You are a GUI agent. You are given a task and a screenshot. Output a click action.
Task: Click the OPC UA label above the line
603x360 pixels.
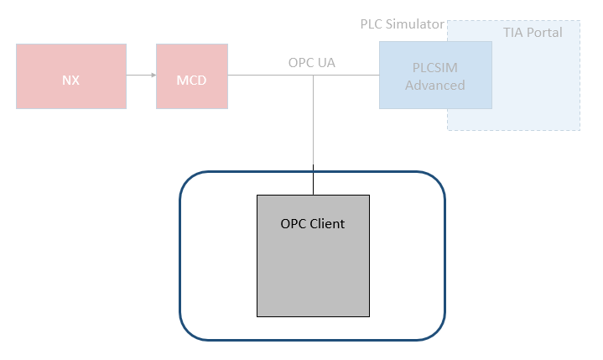point(312,62)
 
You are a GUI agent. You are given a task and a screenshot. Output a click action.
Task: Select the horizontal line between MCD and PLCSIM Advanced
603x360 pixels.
point(268,76)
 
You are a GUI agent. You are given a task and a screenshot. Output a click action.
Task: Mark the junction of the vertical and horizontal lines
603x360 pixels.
point(314,76)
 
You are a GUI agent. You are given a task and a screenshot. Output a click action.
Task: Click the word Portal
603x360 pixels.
point(545,33)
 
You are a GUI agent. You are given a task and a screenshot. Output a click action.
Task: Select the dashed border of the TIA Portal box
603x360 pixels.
point(580,84)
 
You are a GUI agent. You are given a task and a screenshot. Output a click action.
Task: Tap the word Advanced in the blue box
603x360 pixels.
point(434,85)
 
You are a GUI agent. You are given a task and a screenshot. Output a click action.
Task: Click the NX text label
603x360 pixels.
point(71,81)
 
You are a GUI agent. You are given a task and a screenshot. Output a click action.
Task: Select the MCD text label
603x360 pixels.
point(191,81)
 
